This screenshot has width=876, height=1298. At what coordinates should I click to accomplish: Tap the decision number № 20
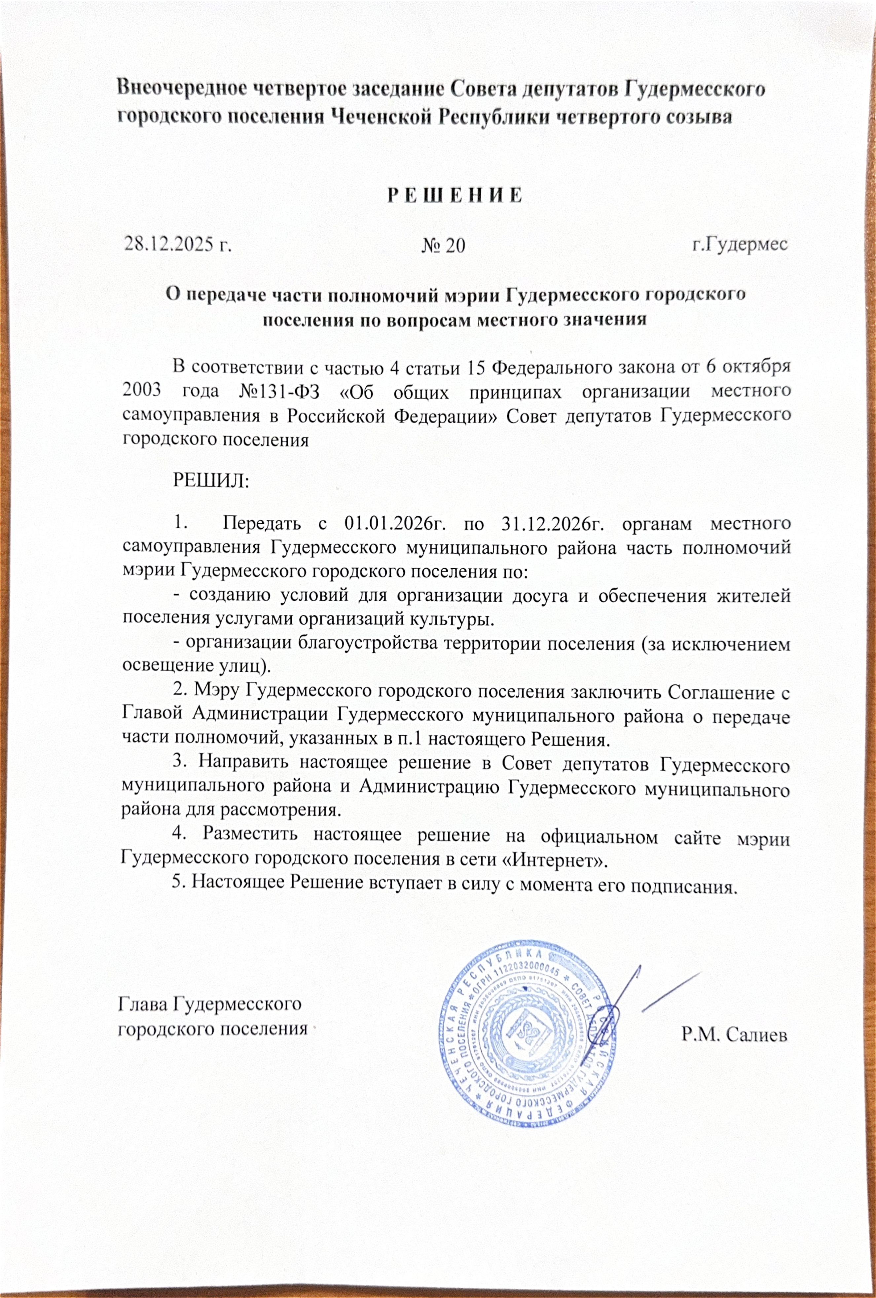click(445, 246)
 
